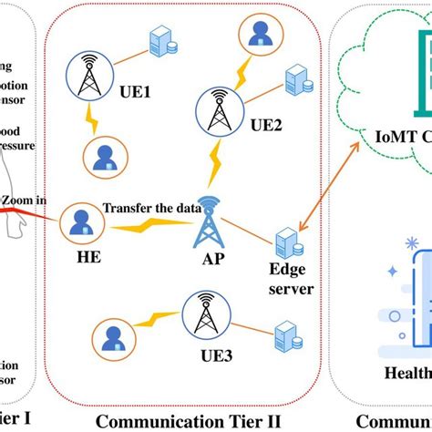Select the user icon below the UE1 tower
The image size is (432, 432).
[x=99, y=154]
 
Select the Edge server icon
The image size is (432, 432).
[x=287, y=242]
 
